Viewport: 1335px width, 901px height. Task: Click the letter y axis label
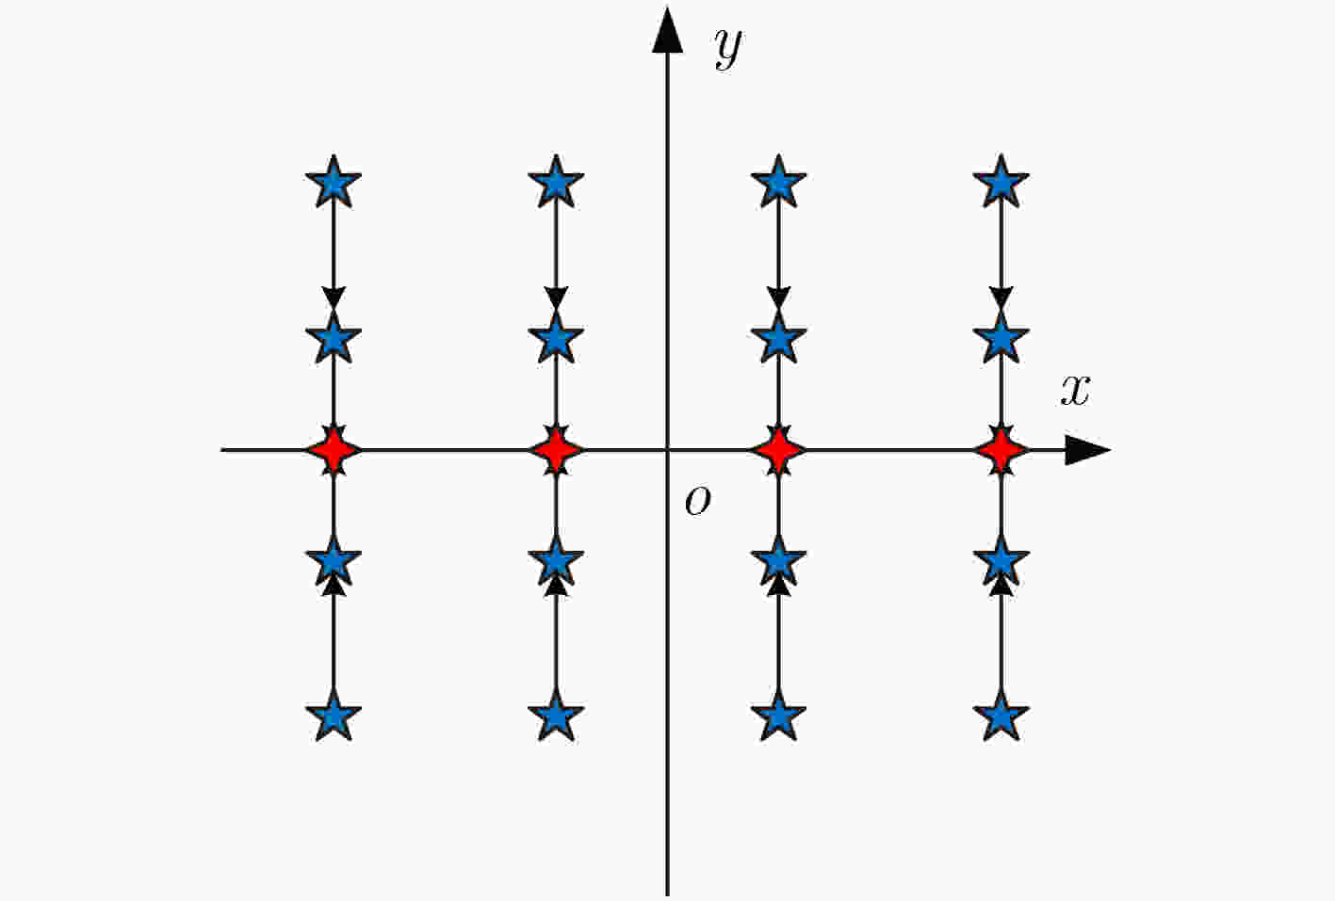[x=728, y=48]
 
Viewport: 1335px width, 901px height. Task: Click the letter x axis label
[x=1076, y=391]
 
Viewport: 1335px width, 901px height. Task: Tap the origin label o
[x=698, y=500]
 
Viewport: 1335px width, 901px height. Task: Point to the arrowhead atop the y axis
[x=667, y=30]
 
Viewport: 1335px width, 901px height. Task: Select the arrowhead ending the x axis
[x=1087, y=450]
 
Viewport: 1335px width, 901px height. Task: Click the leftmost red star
[x=334, y=450]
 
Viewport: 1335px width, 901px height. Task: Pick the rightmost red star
[x=1001, y=450]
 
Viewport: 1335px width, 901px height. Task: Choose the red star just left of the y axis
[x=556, y=450]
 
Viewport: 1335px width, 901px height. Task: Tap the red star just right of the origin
[x=778, y=450]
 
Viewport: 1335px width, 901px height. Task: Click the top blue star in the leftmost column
[x=334, y=182]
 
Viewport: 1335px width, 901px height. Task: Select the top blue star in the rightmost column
[x=1001, y=182]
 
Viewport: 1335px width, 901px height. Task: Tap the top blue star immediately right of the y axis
[x=778, y=182]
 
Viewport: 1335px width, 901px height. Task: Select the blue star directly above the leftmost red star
[x=334, y=338]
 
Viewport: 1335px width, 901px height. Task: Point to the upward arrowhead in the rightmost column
[x=1001, y=586]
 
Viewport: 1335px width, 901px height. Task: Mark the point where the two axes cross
[x=667, y=450]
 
